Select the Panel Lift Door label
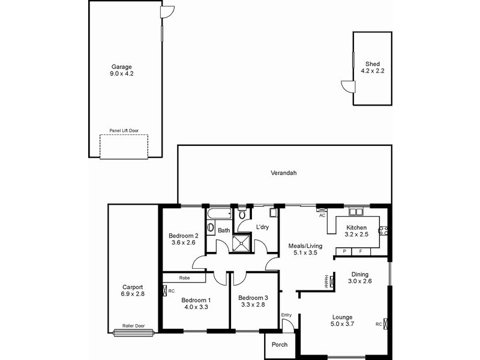coord(123,130)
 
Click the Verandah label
coord(284,173)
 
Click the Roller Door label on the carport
coord(133,326)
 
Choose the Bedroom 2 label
coord(183,235)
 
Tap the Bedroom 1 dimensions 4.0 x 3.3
coord(195,307)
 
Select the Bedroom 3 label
coord(253,298)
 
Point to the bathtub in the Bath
coord(218,214)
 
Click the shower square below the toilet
coord(244,241)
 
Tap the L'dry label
coord(262,227)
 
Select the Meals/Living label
coord(305,245)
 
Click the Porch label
coord(280,344)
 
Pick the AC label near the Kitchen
coord(322,215)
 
